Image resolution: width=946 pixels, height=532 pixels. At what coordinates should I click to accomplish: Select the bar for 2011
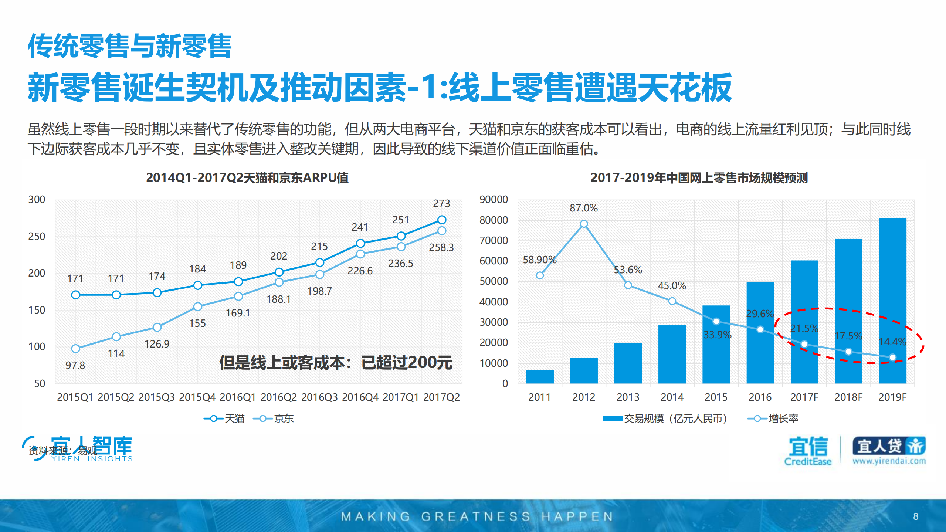pos(539,376)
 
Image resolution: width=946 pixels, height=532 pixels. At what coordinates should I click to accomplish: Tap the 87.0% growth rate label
pos(583,208)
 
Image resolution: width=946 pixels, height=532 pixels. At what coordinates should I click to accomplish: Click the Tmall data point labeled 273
pos(441,220)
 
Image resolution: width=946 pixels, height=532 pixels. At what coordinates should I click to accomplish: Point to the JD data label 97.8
pos(75,365)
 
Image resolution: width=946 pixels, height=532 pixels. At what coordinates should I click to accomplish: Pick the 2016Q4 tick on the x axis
pos(360,397)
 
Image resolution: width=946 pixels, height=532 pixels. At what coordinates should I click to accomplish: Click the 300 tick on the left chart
pos(37,200)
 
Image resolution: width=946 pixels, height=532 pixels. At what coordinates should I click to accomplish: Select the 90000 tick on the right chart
pos(494,200)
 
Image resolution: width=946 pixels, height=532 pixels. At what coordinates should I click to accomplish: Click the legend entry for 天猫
pos(224,419)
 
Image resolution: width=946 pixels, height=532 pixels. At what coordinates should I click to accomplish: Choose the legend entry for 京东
pos(274,419)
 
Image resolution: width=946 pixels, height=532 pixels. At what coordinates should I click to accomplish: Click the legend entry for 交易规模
pos(665,419)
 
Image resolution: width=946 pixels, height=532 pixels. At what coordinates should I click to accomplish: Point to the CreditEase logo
pos(808,451)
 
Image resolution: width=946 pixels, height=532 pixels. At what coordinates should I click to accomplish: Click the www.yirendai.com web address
pos(889,461)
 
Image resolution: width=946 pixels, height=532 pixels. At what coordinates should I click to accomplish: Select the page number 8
pos(915,516)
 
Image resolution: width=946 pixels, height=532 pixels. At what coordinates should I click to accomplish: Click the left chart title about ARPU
pos(247,178)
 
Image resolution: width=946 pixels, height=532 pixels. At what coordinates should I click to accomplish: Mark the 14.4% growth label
pos(892,342)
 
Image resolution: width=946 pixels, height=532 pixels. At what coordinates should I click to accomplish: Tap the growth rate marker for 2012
pos(584,224)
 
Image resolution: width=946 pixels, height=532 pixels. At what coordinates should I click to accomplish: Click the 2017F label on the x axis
pos(804,397)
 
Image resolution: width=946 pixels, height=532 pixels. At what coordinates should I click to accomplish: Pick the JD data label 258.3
pos(441,247)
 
